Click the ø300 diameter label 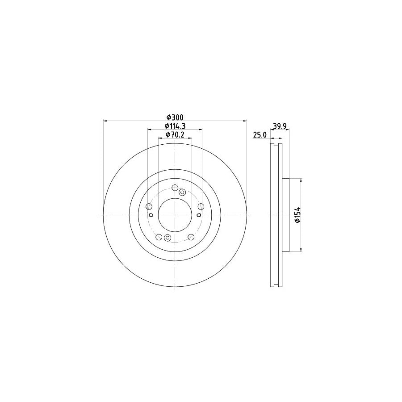coord(175,117)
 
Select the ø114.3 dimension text coord(175,126)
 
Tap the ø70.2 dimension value coord(175,134)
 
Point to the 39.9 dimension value coord(279,126)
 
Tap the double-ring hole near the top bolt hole coord(182,192)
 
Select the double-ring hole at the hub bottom coord(167,238)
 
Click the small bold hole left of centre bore coord(151,215)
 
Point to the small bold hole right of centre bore coord(198,215)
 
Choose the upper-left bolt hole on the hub coord(149,206)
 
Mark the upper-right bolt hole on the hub coord(201,206)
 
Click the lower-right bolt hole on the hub coord(191,236)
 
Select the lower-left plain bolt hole coord(159,236)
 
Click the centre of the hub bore coord(175,215)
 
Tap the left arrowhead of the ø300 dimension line coord(105,121)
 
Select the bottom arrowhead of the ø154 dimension coord(301,249)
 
